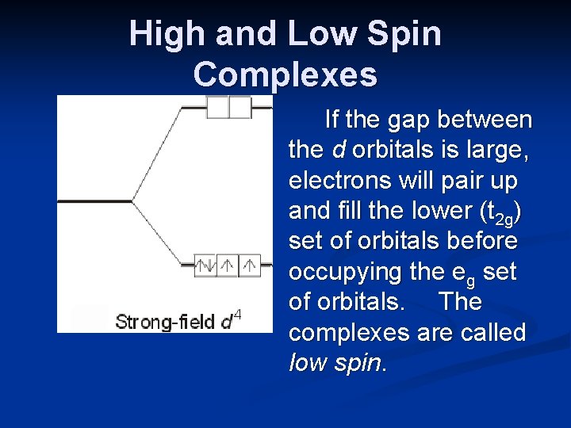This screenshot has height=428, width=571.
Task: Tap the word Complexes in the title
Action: pos(285,75)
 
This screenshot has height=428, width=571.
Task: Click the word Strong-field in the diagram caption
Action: pos(165,322)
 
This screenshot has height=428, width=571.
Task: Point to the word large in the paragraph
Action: pos(499,151)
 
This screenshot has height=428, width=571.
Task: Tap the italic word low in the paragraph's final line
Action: pos(305,362)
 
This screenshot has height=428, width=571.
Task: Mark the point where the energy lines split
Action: pos(132,201)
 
